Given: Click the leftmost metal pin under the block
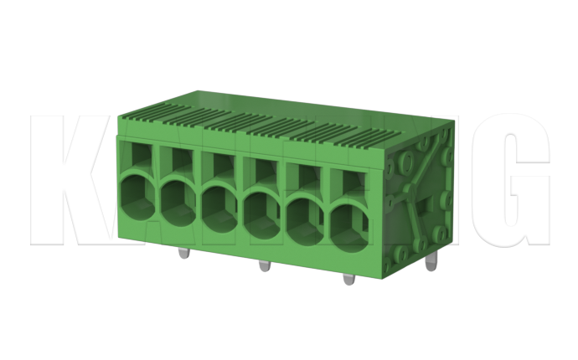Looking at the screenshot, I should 183,254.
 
